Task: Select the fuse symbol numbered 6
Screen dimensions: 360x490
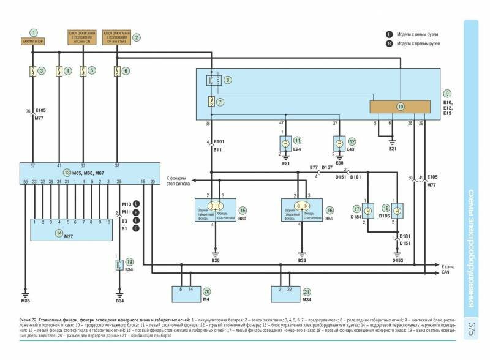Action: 116,71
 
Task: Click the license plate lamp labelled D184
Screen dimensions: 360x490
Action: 368,211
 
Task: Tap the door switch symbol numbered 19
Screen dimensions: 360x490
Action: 120,266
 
